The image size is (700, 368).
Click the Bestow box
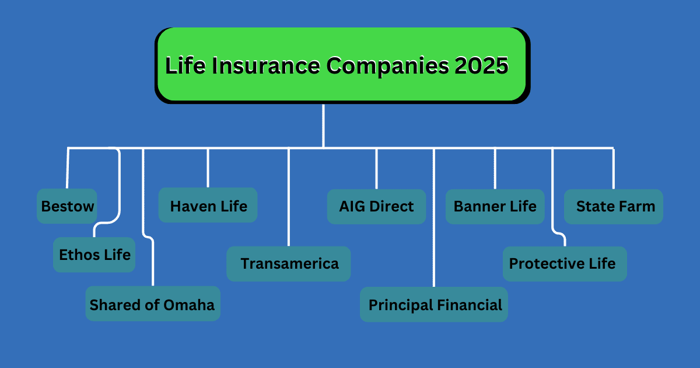tap(66, 206)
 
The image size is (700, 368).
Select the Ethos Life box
tap(94, 255)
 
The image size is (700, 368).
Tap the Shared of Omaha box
tap(152, 304)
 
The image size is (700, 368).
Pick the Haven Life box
tap(208, 206)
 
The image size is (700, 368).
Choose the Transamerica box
tap(289, 263)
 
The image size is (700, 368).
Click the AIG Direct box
tap(376, 206)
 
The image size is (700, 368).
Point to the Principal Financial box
tap(434, 304)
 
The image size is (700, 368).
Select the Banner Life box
tap(495, 206)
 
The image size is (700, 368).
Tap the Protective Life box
tap(563, 263)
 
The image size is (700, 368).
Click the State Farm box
tap(614, 206)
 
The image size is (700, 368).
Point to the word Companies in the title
tap(388, 65)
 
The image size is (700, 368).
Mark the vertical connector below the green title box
tap(323, 126)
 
